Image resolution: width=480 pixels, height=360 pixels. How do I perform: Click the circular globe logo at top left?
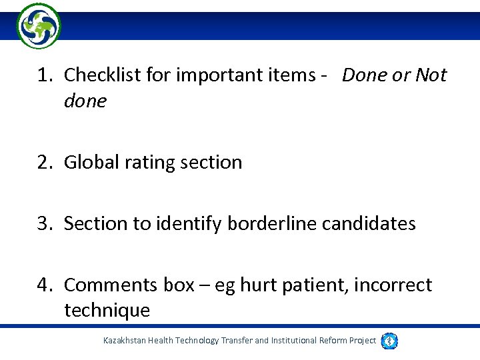tap(39, 26)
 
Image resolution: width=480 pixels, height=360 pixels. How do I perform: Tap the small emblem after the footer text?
tap(389, 341)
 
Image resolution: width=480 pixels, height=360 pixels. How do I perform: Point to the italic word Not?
tap(431, 75)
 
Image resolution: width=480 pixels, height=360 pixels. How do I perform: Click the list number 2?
tap(44, 162)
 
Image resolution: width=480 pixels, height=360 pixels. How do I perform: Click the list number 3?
tap(44, 223)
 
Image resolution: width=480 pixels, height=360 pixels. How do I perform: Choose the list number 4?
tap(44, 285)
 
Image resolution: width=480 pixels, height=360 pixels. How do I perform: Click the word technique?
tap(107, 310)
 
